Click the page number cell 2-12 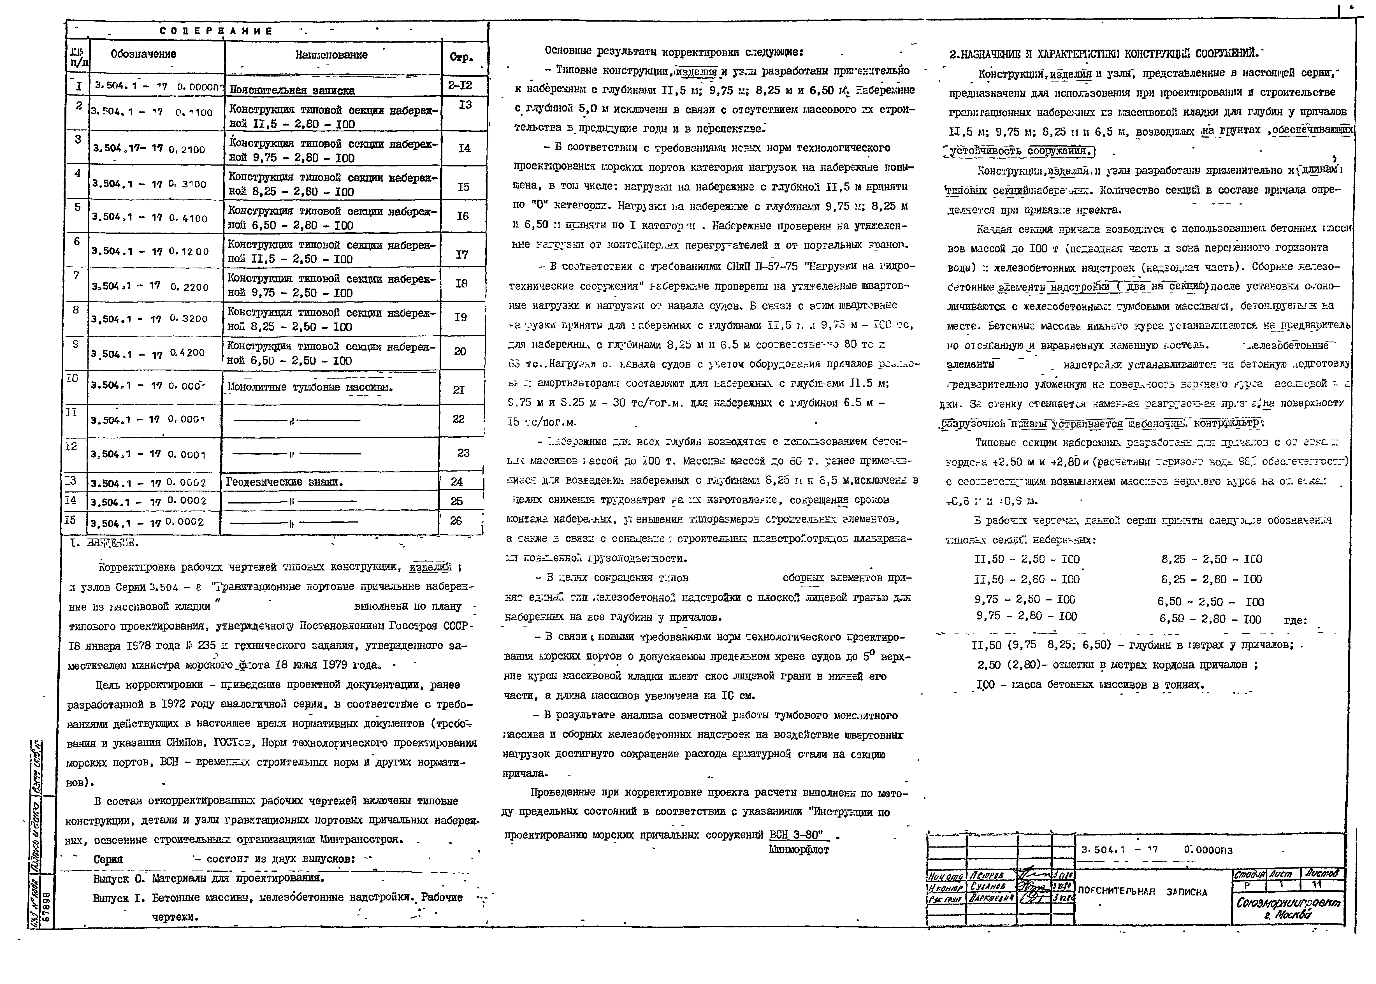pyautogui.click(x=460, y=85)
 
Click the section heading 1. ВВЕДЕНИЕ pyautogui.click(x=104, y=543)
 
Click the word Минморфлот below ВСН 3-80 pyautogui.click(x=799, y=850)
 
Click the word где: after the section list pyautogui.click(x=1295, y=620)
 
